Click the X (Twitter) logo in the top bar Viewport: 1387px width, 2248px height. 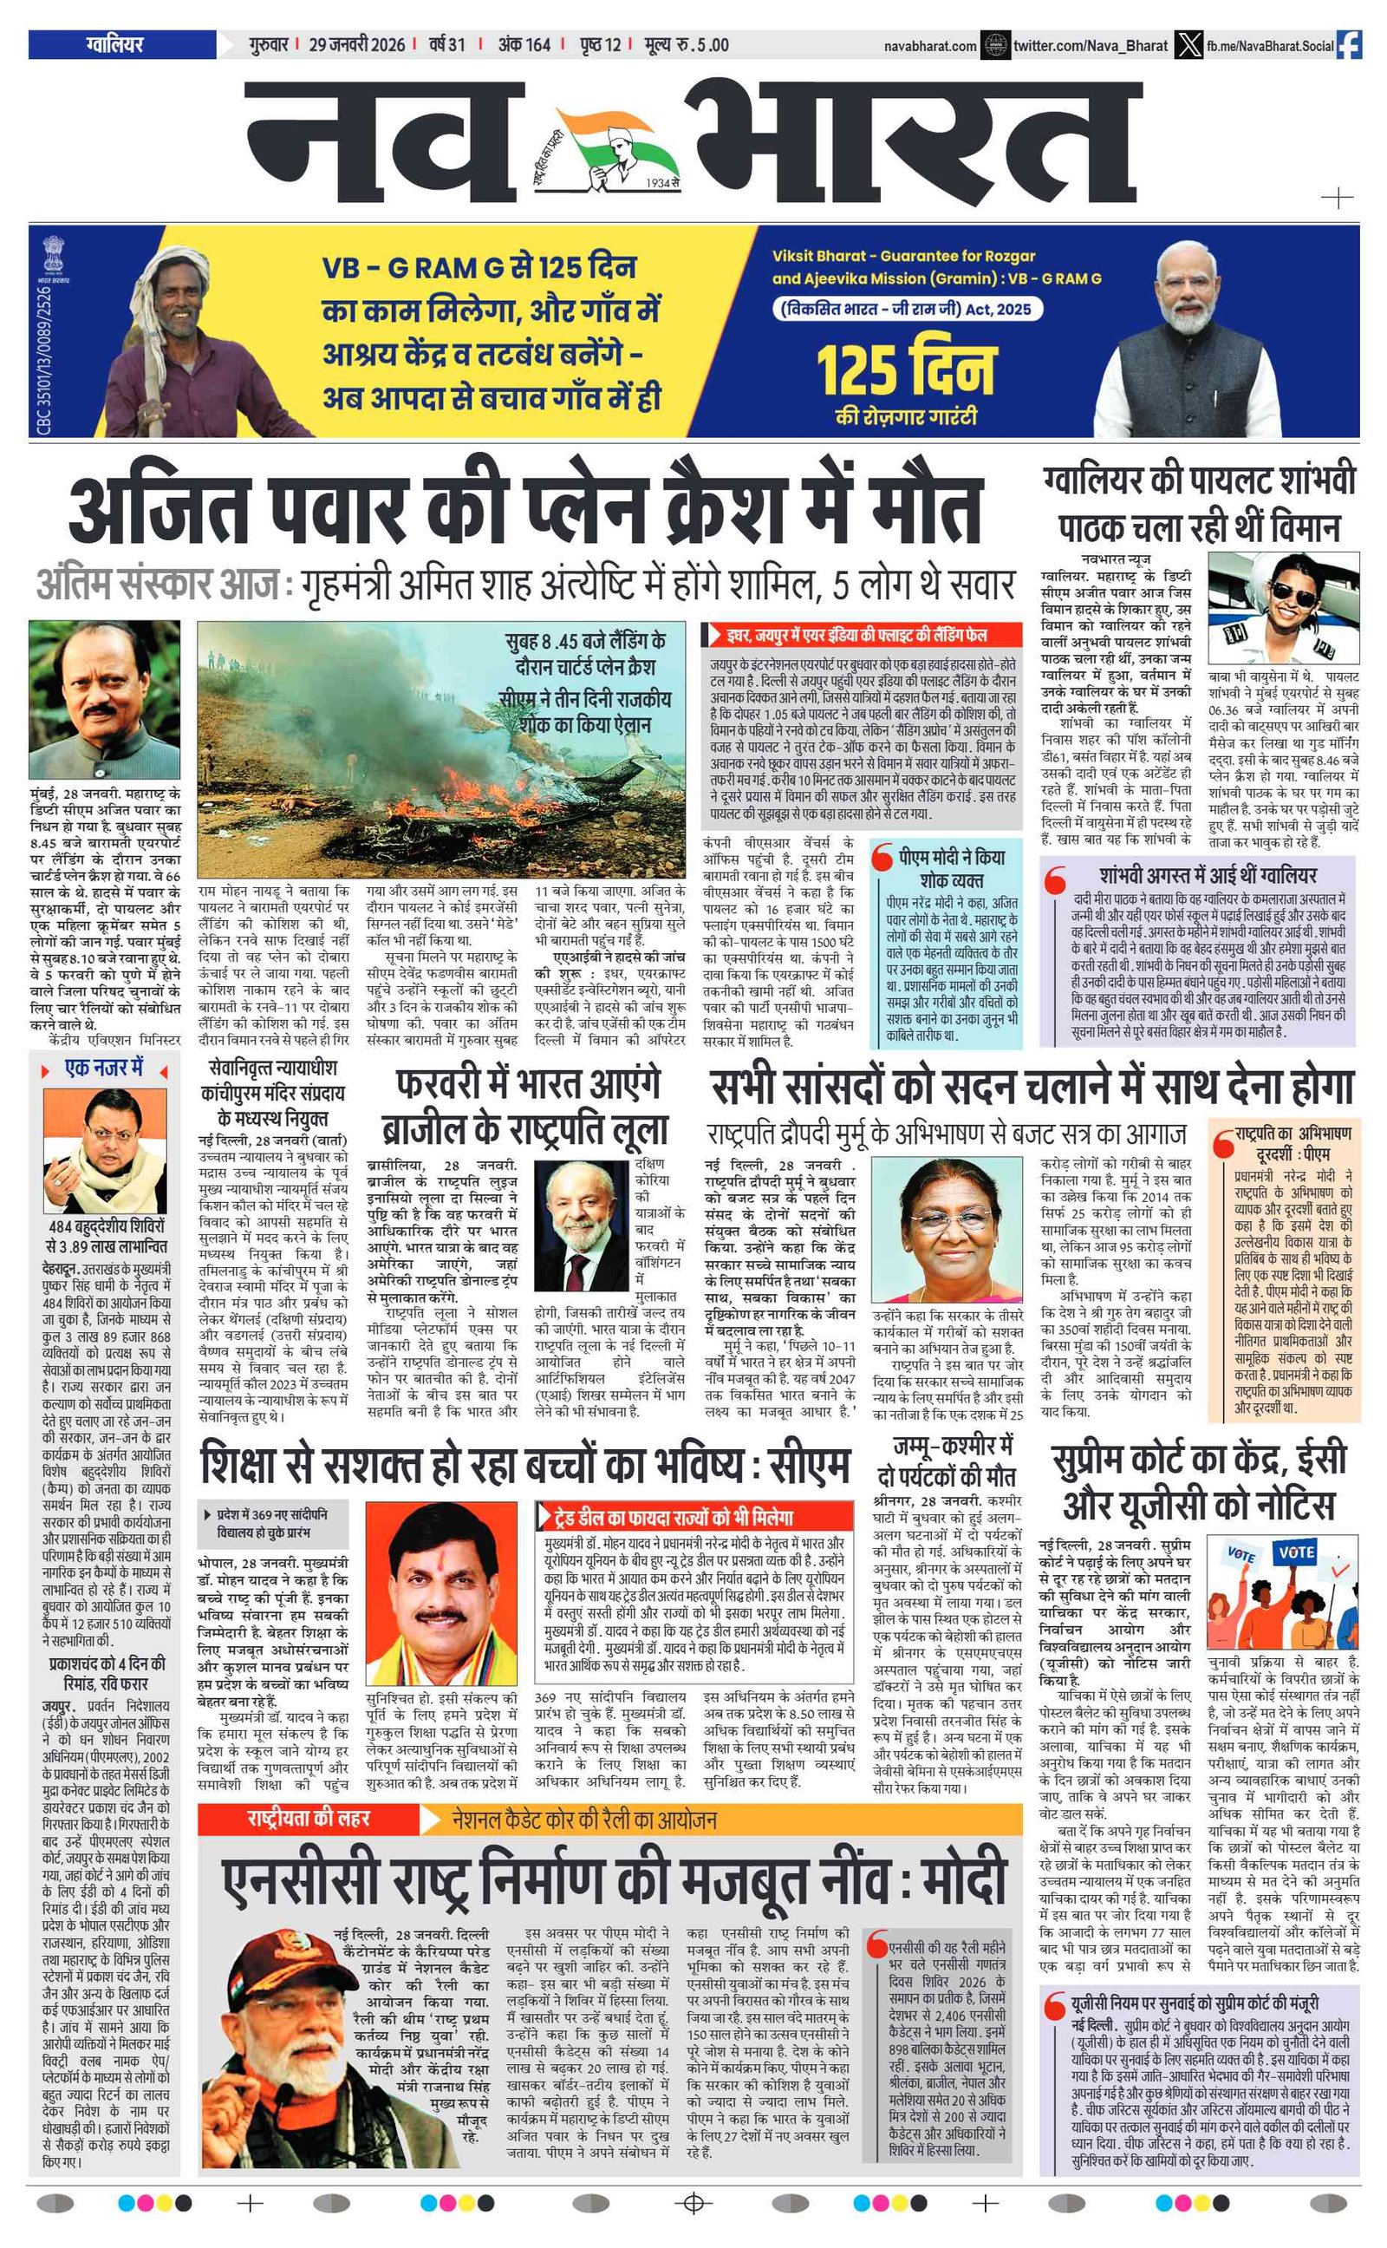1188,45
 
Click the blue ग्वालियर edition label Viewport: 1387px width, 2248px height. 115,44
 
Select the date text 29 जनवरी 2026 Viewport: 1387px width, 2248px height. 356,45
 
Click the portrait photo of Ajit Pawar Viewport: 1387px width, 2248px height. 104,698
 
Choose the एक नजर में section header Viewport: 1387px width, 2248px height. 105,1069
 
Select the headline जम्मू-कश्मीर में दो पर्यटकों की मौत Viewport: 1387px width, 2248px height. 947,1461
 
